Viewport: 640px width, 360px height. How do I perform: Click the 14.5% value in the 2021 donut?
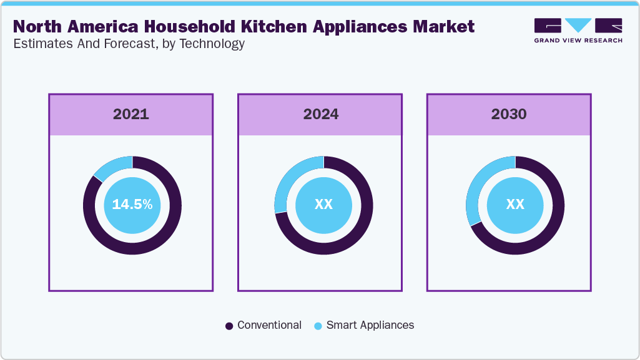pos(132,205)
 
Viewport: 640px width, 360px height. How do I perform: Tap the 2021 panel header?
pos(131,115)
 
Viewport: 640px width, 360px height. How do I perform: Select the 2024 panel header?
pos(321,115)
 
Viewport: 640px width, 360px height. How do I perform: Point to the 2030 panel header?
pos(509,115)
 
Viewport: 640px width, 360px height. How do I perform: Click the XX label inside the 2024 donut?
pos(323,205)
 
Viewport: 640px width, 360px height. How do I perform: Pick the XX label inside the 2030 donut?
pos(515,205)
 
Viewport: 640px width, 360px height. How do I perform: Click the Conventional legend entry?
pos(269,326)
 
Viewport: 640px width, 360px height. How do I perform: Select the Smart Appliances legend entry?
pos(370,326)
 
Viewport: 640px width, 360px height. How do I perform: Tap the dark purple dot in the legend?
pos(229,326)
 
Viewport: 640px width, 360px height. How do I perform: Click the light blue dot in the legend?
pos(318,326)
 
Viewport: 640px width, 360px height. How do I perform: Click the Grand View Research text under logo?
pos(578,41)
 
